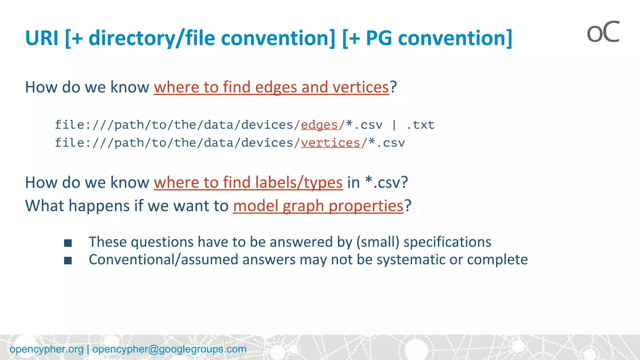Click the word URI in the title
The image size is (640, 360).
(x=42, y=38)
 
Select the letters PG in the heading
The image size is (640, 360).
(x=379, y=38)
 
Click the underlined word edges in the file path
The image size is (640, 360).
(x=319, y=125)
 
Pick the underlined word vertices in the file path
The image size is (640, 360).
(x=330, y=143)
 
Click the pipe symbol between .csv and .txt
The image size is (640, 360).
(x=394, y=125)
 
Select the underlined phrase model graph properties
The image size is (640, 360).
(x=318, y=206)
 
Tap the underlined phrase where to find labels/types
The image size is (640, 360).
(x=248, y=182)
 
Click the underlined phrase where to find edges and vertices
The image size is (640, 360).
(x=271, y=87)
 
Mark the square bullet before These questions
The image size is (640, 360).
(x=68, y=243)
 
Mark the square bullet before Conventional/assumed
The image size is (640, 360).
(x=68, y=260)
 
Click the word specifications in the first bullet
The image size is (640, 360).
(x=447, y=242)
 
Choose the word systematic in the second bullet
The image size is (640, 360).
(x=411, y=259)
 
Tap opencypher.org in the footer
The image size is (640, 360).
(x=47, y=349)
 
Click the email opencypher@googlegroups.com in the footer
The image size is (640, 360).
(x=169, y=349)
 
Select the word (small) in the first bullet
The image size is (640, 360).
(x=378, y=242)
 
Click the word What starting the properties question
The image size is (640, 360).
(x=44, y=206)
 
